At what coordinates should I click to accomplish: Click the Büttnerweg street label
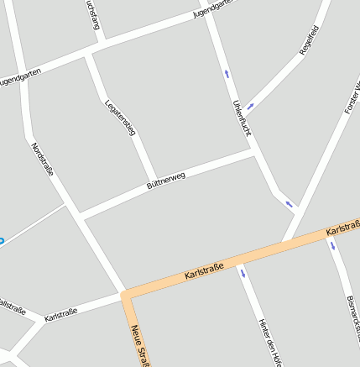[x=165, y=178]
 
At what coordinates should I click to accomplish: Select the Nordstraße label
[x=42, y=160]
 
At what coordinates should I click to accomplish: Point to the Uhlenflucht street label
[x=242, y=118]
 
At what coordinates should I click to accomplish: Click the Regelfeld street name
[x=310, y=40]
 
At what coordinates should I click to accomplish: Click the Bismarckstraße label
[x=353, y=319]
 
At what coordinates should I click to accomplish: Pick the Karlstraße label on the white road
[x=60, y=314]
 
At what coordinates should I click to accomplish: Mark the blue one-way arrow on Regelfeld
[x=251, y=107]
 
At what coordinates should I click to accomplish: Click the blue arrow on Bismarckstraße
[x=332, y=246]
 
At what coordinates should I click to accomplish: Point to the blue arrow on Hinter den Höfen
[x=243, y=272]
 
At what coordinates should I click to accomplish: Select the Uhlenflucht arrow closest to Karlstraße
[x=290, y=203]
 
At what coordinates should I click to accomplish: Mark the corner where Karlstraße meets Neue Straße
[x=127, y=296]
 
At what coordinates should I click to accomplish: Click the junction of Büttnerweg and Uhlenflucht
[x=255, y=153]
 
